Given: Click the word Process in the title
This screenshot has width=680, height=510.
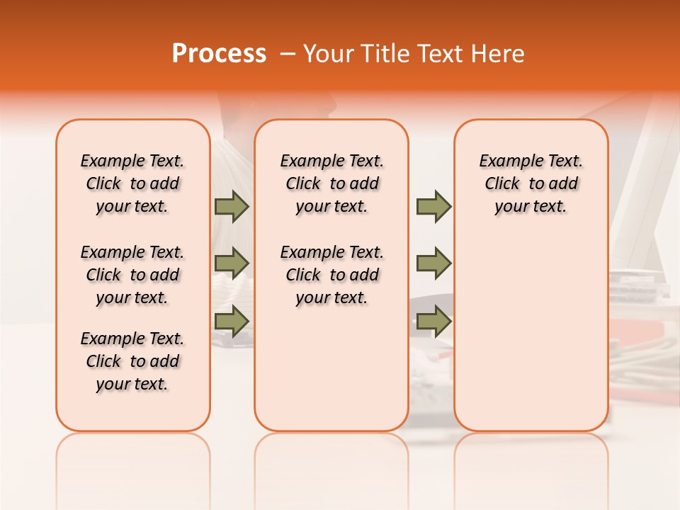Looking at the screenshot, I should click(218, 54).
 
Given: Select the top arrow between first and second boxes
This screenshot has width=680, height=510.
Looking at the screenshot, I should click(232, 207).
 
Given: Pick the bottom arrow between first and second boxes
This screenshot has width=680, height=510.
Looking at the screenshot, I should click(232, 321).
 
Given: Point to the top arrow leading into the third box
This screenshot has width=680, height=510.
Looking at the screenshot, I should click(433, 207).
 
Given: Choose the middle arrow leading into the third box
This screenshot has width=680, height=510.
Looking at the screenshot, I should click(433, 263).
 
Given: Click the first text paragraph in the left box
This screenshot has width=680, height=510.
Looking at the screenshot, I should click(132, 183).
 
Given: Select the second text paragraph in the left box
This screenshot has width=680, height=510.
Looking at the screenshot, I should click(132, 275).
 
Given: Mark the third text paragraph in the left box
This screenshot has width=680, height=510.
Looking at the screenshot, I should click(132, 361).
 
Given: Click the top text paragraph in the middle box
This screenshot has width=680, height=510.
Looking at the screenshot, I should click(332, 183).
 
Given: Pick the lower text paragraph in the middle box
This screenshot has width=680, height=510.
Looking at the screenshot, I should click(332, 275).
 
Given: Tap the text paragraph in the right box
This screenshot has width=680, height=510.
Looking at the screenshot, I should click(531, 183).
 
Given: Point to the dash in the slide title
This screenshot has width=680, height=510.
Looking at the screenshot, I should click(288, 54).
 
